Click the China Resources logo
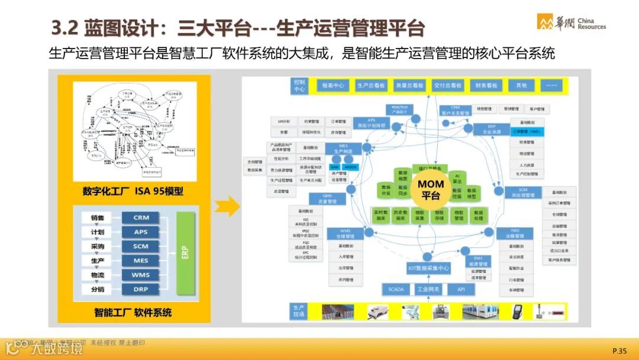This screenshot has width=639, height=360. pos(570,22)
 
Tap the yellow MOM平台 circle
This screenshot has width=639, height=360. pos(431,189)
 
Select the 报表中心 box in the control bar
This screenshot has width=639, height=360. pos(333,85)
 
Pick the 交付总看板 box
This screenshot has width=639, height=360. pos(447,85)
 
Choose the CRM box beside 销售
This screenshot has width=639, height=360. pos(141,218)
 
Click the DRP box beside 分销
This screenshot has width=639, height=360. pos(141,289)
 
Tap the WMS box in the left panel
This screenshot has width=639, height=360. pos(141,275)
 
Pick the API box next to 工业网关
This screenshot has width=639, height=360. pos(461,289)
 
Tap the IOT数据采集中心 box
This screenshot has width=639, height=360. pos(428,269)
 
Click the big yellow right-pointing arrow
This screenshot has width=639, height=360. pos(227,207)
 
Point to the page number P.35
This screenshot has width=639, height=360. pos(619,351)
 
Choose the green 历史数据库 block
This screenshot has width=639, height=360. pos(401,215)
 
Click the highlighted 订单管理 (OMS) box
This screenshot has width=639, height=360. pos(526,131)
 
